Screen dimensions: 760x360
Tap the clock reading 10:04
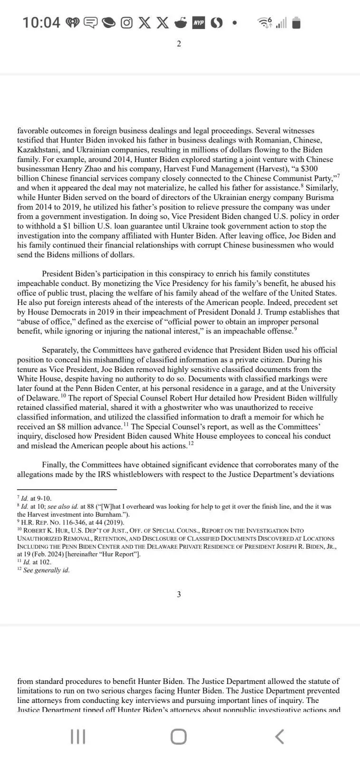(x=41, y=22)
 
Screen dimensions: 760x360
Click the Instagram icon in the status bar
(x=126, y=22)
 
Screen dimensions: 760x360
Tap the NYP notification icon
(x=199, y=22)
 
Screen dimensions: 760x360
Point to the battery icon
(x=296, y=22)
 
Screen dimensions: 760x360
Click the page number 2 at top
(x=179, y=44)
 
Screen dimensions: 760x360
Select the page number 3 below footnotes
(x=179, y=594)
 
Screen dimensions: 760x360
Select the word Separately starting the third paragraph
(x=63, y=350)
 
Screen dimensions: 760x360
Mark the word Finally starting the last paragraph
(x=54, y=465)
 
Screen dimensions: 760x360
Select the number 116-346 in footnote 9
(x=69, y=522)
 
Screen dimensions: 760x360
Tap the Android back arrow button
(x=280, y=737)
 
